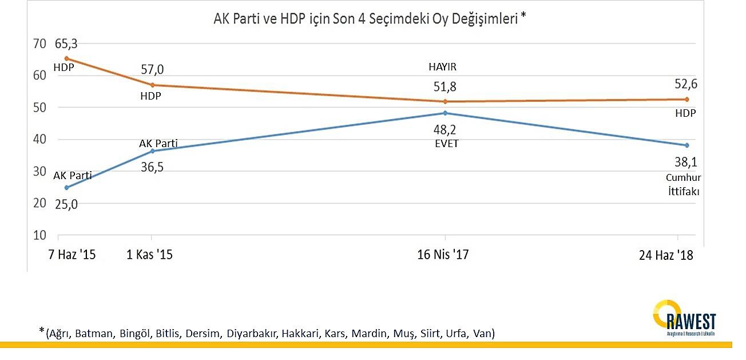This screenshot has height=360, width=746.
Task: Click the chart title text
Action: [x=369, y=18]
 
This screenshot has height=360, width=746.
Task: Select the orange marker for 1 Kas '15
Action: [x=152, y=85]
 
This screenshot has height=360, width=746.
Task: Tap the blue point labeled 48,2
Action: [x=445, y=113]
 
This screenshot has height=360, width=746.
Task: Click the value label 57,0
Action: [x=152, y=70]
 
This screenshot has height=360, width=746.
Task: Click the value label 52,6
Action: [x=685, y=84]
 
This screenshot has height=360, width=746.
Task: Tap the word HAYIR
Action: [x=443, y=67]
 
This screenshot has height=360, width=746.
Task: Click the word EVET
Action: [x=446, y=144]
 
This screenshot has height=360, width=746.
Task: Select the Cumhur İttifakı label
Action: [x=684, y=185]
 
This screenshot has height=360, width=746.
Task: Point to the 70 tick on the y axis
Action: [x=39, y=43]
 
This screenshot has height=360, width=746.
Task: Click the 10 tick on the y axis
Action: [x=39, y=235]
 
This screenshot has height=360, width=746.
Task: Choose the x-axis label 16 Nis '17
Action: [x=443, y=255]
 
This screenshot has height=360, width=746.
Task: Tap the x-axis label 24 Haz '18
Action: [x=666, y=255]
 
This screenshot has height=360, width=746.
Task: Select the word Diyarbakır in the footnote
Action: [x=251, y=333]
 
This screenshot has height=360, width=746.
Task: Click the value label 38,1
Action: [x=681, y=163]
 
